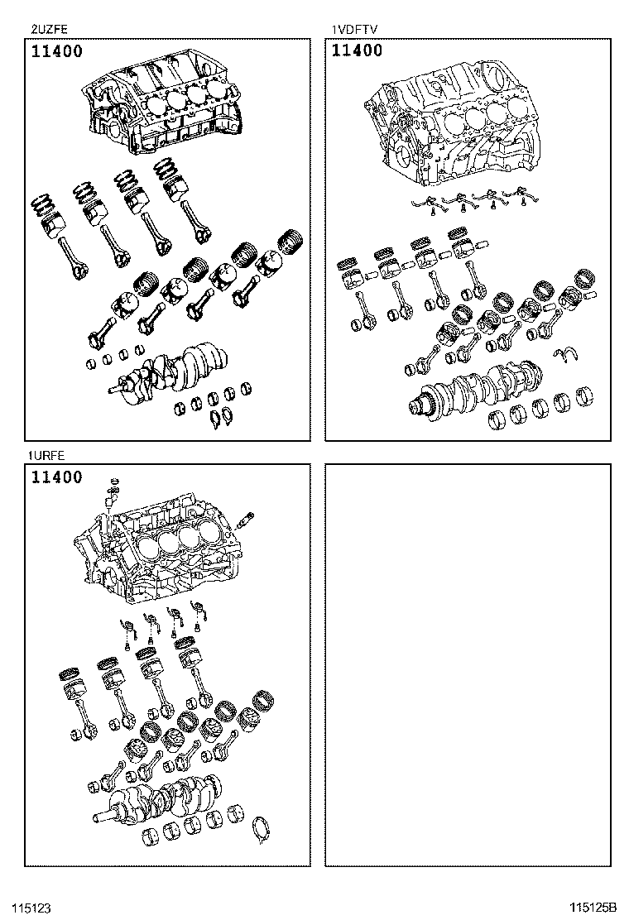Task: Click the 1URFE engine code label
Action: click(x=45, y=455)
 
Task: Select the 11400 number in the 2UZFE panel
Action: click(x=57, y=52)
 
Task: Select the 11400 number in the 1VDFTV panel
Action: click(x=358, y=51)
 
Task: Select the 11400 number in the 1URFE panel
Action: click(x=57, y=477)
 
